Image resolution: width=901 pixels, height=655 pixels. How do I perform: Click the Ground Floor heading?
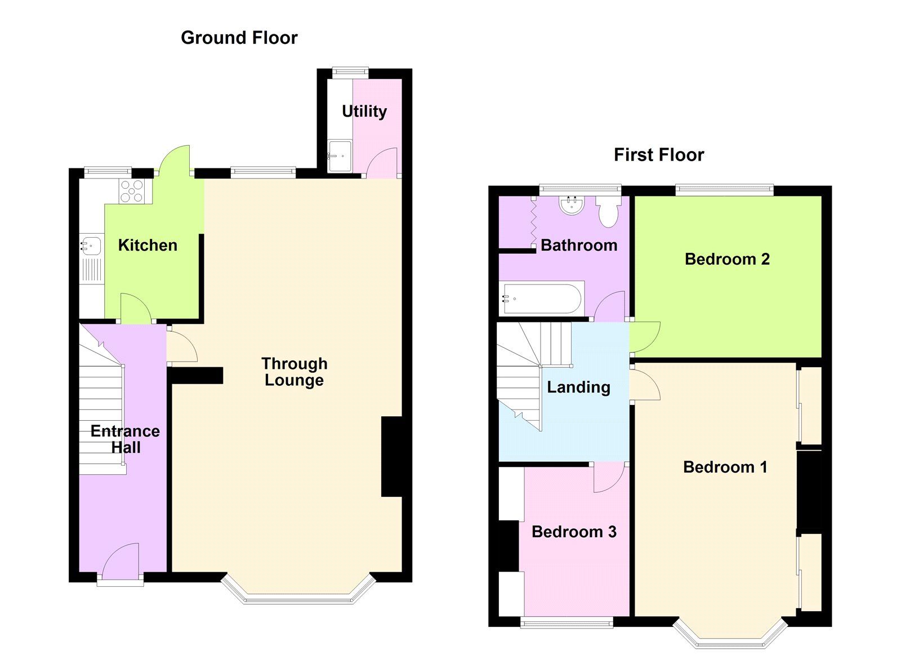pos(239,38)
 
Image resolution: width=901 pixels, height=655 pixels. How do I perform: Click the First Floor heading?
pos(658,155)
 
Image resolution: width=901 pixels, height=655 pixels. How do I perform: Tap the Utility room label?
pos(364,111)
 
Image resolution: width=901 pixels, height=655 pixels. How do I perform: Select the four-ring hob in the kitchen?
pos(132,191)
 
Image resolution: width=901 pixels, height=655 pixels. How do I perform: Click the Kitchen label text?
pos(148,245)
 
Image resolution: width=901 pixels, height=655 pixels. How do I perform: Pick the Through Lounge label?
pos(294,372)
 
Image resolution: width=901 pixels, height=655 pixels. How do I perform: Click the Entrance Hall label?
pos(125,439)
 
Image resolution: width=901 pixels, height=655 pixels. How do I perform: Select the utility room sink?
pos(340,156)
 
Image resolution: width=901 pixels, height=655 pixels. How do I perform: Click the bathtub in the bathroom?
pos(542,299)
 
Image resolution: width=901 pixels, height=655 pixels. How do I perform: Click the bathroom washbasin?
pos(572,206)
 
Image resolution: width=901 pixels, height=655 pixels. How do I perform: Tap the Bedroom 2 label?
pos(726,259)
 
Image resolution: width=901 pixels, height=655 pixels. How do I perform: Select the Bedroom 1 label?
pos(725,467)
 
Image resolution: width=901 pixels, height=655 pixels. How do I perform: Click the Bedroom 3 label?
pos(573,532)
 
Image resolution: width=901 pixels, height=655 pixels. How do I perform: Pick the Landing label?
pos(578,387)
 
